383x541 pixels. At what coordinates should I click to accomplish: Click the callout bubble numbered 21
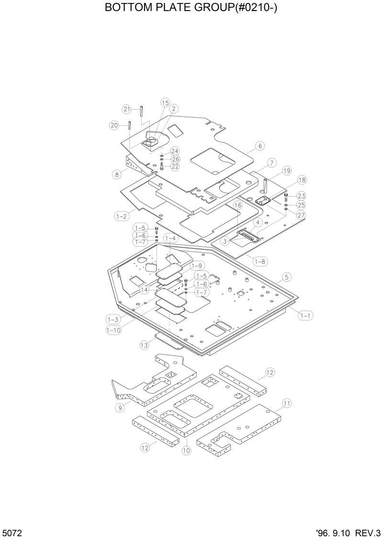[126, 109]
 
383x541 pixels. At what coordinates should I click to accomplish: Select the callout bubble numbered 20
[114, 125]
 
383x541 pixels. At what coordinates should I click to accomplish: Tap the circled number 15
[165, 103]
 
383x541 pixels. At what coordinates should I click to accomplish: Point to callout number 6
[260, 146]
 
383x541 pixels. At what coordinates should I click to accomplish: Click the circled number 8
[117, 174]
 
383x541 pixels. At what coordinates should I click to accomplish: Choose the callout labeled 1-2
[122, 216]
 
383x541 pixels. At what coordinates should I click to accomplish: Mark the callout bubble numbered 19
[287, 170]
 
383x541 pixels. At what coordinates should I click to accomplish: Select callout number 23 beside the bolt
[301, 195]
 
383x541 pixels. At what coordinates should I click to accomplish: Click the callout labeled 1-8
[260, 261]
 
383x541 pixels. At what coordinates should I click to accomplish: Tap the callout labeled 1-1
[305, 315]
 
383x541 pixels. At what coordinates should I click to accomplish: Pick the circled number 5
[286, 277]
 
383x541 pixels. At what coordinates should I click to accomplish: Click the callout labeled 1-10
[113, 330]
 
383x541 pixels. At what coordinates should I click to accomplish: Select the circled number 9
[120, 408]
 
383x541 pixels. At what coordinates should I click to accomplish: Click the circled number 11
[286, 403]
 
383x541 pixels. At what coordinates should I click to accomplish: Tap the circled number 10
[186, 450]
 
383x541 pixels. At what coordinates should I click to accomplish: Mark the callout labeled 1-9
[197, 265]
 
